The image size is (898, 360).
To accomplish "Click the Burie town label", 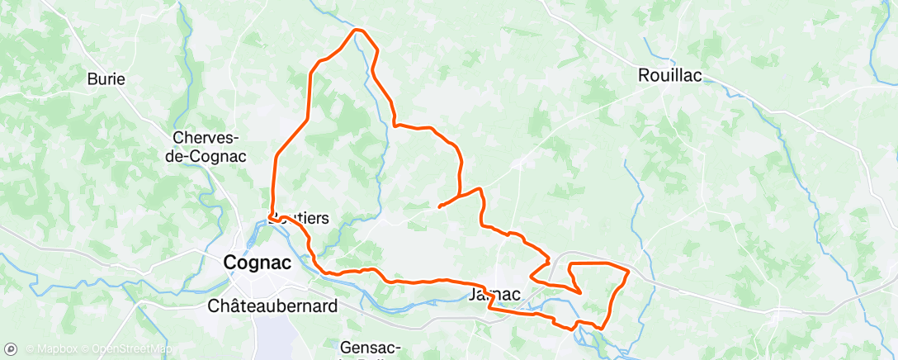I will click(106, 80).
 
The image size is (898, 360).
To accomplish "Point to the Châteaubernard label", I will click(272, 306).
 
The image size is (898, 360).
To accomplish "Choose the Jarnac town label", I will click(494, 295).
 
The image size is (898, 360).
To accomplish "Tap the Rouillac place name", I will click(669, 75).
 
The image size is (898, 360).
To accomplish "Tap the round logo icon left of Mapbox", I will click(11, 348).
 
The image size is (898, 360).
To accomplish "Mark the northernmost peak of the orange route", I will click(357, 30).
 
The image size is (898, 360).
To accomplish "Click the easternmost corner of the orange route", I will click(629, 271).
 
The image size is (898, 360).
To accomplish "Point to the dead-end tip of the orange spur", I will click(438, 206).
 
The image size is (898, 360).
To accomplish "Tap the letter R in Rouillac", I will click(644, 75).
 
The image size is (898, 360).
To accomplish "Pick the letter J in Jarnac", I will click(473, 295).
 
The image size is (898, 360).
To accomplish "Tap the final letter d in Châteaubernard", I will click(333, 306).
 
